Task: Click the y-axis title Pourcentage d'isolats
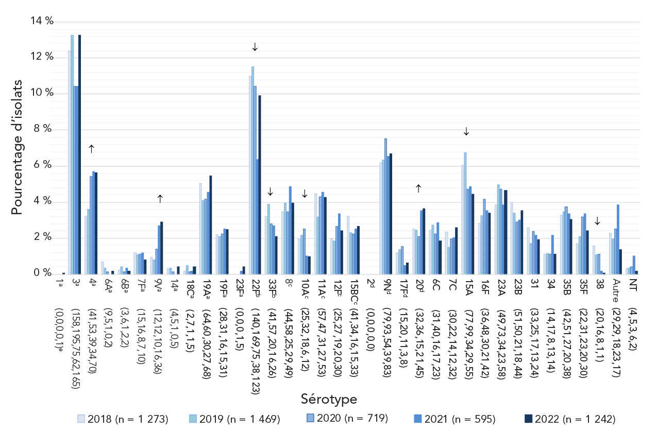pyautogui.click(x=17, y=147)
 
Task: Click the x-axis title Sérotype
pyautogui.click(x=328, y=399)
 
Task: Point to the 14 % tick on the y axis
pyautogui.click(x=42, y=21)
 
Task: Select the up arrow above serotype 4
pyautogui.click(x=92, y=149)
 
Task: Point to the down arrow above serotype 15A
pyautogui.click(x=466, y=132)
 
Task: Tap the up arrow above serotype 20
pyautogui.click(x=418, y=189)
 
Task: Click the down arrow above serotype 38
pyautogui.click(x=597, y=221)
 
